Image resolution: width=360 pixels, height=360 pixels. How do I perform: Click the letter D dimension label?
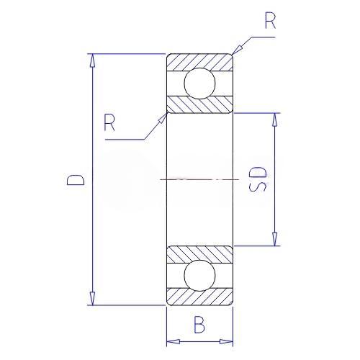pyautogui.click(x=76, y=179)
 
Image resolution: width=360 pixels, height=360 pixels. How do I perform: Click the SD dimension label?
pyautogui.click(x=258, y=179)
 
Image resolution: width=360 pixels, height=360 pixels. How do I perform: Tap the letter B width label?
pyautogui.click(x=199, y=325)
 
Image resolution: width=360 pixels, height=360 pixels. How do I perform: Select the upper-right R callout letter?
pyautogui.click(x=270, y=21)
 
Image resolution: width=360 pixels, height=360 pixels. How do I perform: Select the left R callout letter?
pyautogui.click(x=109, y=122)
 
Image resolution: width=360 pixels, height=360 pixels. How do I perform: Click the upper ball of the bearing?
pyautogui.click(x=199, y=84)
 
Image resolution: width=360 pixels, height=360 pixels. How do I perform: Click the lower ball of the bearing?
pyautogui.click(x=199, y=276)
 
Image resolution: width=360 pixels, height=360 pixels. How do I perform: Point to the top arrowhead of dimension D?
pyautogui.click(x=92, y=60)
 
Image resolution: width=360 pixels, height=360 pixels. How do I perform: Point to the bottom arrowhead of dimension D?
pyautogui.click(x=92, y=299)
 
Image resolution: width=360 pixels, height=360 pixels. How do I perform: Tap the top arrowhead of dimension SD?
pyautogui.click(x=274, y=120)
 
